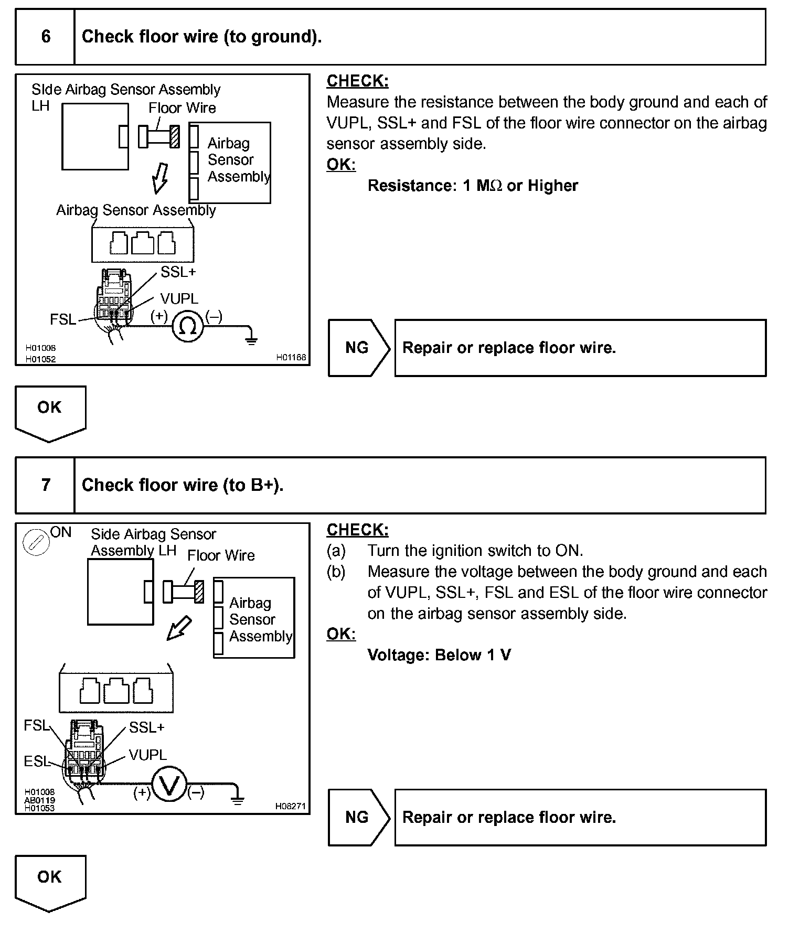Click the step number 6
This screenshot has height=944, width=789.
pos(46,36)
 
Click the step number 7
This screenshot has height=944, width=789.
pos(46,485)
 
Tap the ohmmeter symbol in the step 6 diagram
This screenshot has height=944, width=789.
pos(187,327)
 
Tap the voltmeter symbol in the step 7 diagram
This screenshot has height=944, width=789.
pos(169,786)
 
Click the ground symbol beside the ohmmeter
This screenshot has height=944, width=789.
pos(251,337)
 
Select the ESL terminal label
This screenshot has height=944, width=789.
pos(36,761)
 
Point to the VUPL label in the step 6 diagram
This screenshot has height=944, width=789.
pos(179,298)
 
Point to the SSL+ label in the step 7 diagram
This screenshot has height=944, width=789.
pos(147,727)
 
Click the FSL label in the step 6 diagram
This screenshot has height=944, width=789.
pos(63,319)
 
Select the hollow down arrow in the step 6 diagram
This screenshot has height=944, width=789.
pos(160,178)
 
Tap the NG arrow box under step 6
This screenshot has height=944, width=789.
pos(358,348)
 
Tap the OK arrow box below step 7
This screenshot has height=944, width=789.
pos(50,882)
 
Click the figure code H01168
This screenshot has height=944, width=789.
pos(291,358)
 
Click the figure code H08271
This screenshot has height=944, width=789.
pos(290,806)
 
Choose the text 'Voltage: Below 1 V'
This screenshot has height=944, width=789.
pos(439,655)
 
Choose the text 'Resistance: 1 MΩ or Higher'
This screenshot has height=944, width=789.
pos(473,186)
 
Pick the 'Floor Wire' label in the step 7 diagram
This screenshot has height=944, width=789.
pos(221,555)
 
